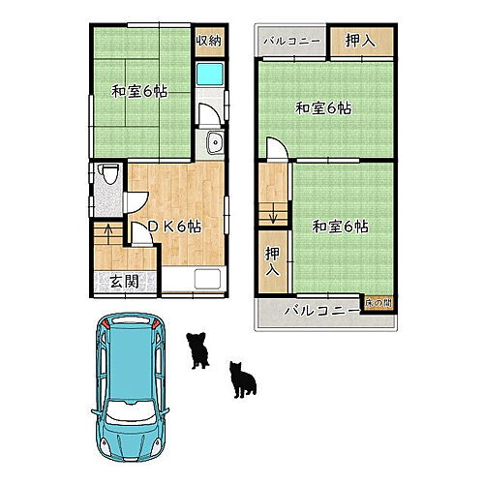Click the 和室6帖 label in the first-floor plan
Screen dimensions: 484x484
(139, 92)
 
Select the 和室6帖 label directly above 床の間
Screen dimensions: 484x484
(339, 227)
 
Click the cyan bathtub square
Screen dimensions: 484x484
(209, 76)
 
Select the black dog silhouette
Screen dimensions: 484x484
(199, 350)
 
